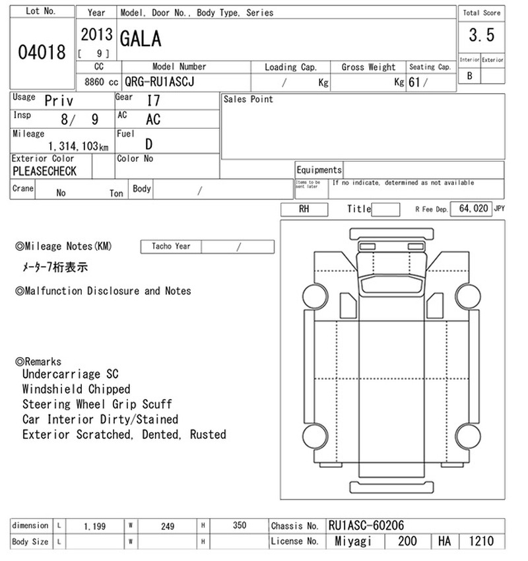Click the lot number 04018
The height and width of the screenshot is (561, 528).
[x=42, y=52]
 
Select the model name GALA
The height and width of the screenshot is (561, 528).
[x=141, y=39]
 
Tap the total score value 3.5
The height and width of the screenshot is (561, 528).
[x=482, y=35]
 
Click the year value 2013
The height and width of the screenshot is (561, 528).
[x=96, y=34]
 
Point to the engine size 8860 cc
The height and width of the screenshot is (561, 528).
[x=101, y=82]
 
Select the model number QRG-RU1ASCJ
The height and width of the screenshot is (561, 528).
[x=160, y=82]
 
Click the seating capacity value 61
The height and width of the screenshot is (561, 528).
[x=414, y=82]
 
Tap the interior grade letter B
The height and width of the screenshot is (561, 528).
[x=470, y=76]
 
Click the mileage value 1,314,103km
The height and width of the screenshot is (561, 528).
[x=79, y=146]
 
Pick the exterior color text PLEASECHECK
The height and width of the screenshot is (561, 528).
[x=44, y=172]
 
